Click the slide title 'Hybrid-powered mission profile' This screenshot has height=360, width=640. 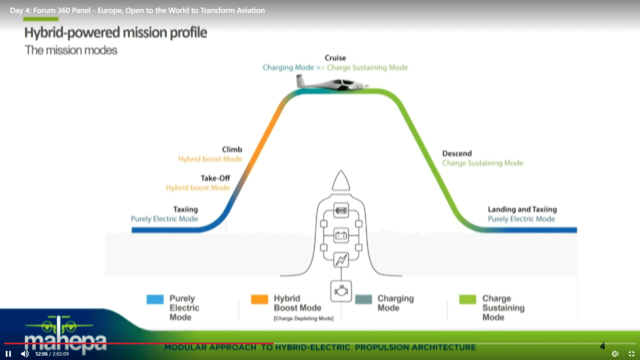point(115,32)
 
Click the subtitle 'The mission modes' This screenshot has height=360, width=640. point(71,50)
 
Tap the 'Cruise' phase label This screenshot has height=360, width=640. point(335,57)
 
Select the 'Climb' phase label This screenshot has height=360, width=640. point(231,149)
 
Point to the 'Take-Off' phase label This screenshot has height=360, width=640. point(215,178)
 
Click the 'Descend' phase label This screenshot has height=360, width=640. point(457,153)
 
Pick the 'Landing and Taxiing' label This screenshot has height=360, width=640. point(522,209)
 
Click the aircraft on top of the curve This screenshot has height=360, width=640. point(331,83)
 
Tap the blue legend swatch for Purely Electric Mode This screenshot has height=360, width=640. point(155,299)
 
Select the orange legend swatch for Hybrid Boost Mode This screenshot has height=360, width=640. point(259,299)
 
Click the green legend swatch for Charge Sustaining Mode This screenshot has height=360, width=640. point(467,299)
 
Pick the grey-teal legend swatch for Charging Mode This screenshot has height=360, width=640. point(363,299)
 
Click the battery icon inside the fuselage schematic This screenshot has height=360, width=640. point(341,235)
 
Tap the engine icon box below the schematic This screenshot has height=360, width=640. point(341,291)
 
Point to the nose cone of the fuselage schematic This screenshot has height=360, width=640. point(341,180)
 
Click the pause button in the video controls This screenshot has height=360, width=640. point(8,353)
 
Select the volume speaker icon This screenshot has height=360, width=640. point(25,353)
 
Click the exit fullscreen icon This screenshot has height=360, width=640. point(631,353)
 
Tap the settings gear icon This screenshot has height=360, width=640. point(615,353)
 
